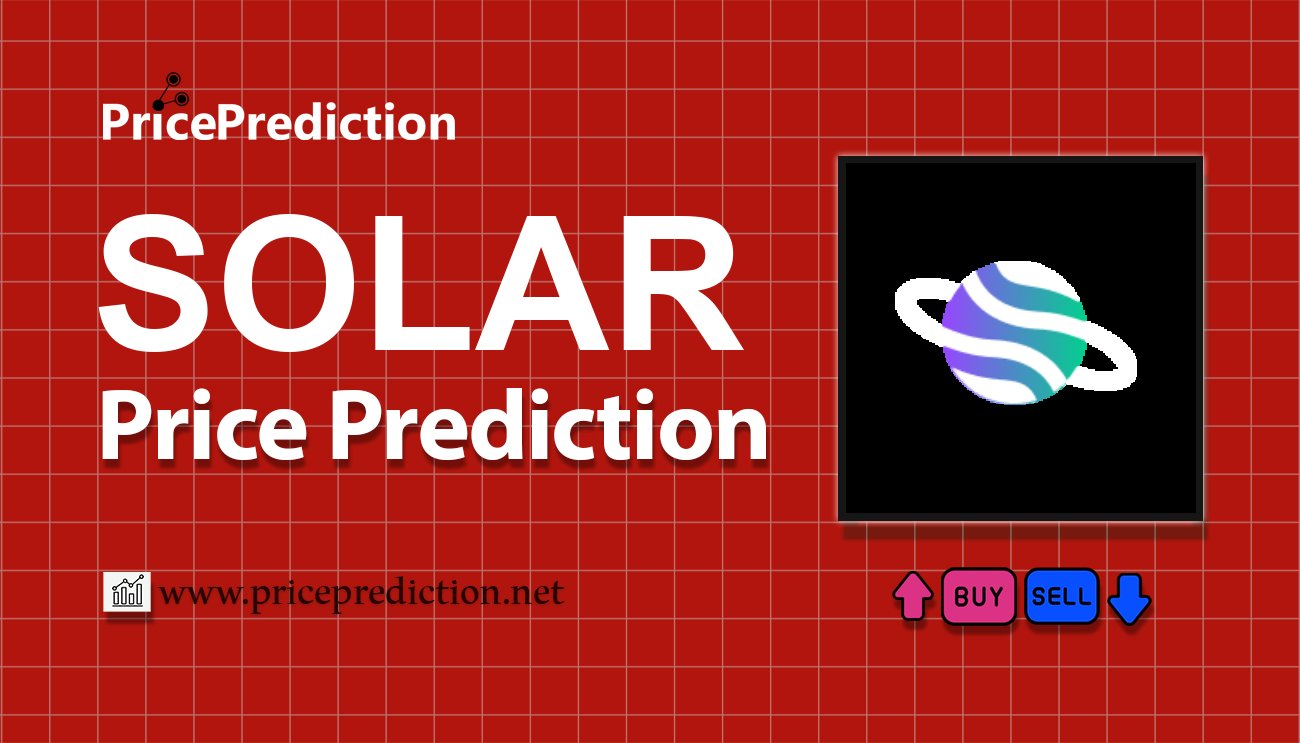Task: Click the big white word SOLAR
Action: point(420,290)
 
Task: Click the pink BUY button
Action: point(978,597)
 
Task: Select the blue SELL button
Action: point(1061,597)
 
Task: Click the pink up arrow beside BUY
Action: point(912,597)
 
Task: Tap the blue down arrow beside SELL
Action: point(1130,598)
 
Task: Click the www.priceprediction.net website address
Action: point(361,593)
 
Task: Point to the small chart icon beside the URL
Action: point(127,592)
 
